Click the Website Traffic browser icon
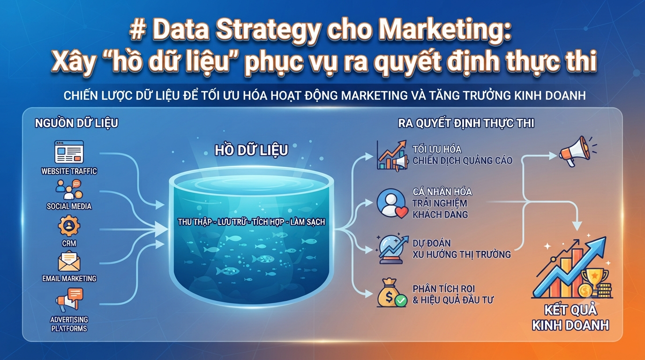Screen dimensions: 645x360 point(69,152)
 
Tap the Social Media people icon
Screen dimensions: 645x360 point(69,189)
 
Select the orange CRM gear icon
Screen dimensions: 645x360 point(69,226)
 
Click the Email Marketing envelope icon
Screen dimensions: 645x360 point(69,261)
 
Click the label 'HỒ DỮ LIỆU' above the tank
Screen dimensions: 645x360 point(251,150)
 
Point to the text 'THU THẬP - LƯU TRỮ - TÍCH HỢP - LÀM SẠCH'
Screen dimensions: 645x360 point(251,222)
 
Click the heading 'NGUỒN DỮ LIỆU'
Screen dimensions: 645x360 point(76,123)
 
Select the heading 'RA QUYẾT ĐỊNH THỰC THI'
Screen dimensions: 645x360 point(466,123)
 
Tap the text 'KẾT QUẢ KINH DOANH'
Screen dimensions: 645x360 point(570,318)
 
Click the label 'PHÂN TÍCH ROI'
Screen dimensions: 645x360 point(444,289)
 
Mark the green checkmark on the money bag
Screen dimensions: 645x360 point(401,300)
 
